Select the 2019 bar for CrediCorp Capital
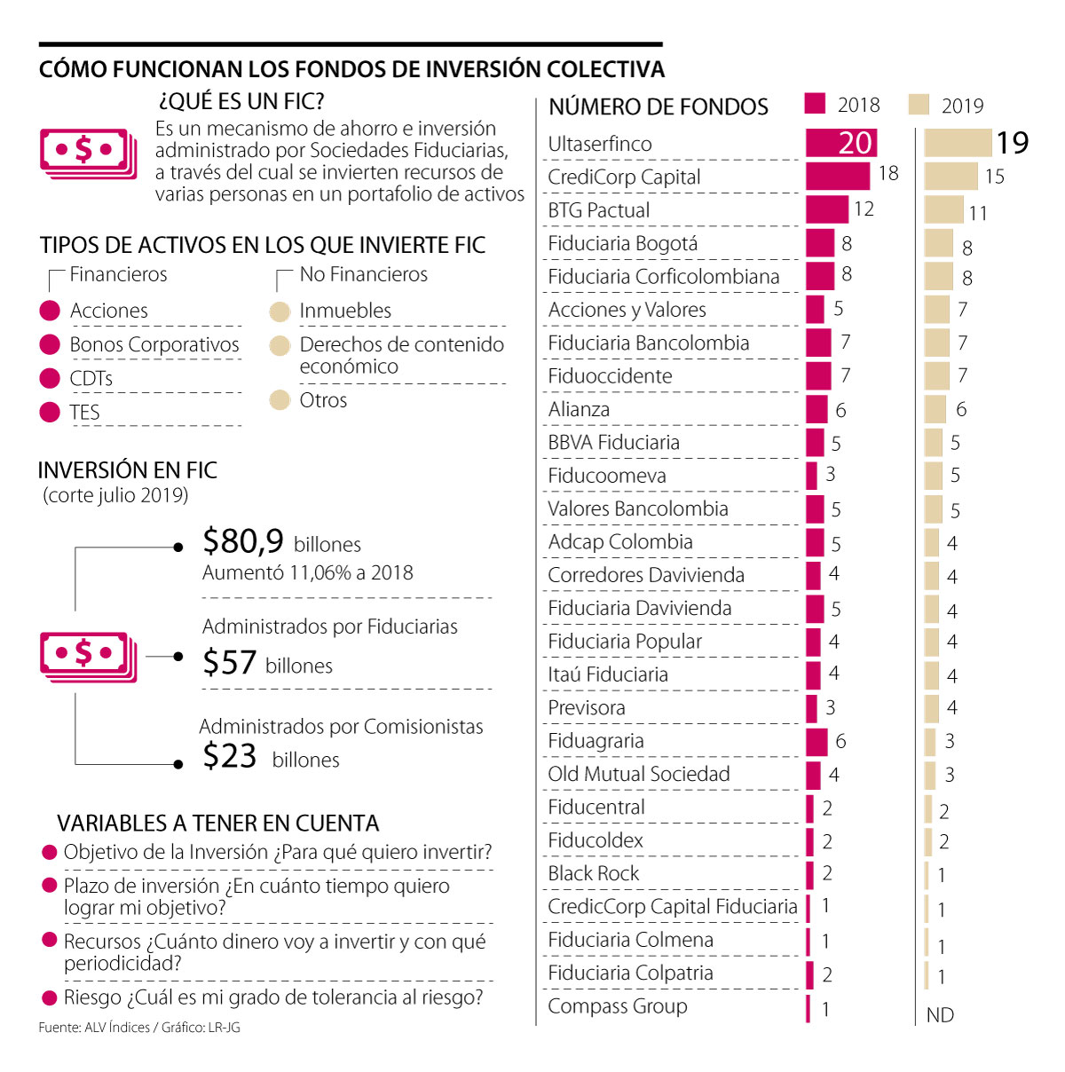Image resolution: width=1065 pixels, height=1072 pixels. click(x=951, y=177)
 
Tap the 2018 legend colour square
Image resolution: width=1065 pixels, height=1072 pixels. click(x=815, y=104)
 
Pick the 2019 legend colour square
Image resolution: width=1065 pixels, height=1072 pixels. click(x=919, y=105)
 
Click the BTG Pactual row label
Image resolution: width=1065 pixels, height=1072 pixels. click(x=599, y=210)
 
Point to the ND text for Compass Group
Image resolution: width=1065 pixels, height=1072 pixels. click(x=940, y=1015)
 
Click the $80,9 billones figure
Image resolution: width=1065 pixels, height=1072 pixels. click(x=243, y=540)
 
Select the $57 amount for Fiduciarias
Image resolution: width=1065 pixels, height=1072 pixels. click(x=230, y=662)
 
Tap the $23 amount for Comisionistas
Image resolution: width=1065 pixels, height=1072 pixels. click(x=230, y=756)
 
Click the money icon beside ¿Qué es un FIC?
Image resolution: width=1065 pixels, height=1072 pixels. click(x=88, y=153)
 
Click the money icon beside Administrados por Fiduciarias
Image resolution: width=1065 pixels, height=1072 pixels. click(x=88, y=657)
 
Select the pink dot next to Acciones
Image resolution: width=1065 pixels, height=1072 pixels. click(x=50, y=311)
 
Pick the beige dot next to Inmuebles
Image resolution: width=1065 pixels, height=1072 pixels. click(x=280, y=311)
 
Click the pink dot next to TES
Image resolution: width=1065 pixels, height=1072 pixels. click(x=50, y=412)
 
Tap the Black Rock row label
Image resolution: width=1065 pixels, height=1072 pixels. click(x=593, y=873)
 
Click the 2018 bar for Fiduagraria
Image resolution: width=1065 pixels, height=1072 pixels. click(x=816, y=741)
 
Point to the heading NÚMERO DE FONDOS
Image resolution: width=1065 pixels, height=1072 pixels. click(x=659, y=107)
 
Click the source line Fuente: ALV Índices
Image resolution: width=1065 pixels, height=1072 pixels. click(x=138, y=1028)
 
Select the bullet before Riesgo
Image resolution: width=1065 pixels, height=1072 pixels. click(x=50, y=998)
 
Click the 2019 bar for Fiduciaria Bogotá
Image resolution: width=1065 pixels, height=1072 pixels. click(x=938, y=243)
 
